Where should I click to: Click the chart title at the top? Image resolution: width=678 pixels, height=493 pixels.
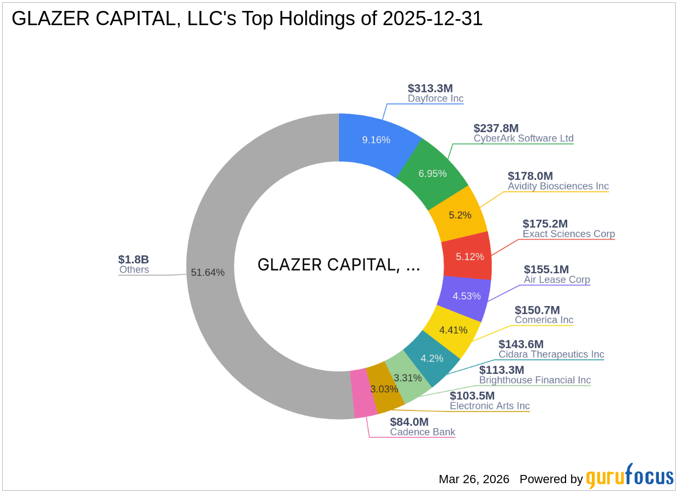pos(247,19)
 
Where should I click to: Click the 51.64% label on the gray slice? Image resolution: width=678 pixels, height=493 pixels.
pos(207,272)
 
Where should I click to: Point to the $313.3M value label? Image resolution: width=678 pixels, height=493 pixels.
pos(430,89)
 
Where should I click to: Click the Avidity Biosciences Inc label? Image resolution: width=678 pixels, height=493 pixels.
pos(558,186)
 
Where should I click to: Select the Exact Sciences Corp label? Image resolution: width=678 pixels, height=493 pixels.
pos(568,234)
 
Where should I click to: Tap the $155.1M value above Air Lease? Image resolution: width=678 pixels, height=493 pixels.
pos(546,269)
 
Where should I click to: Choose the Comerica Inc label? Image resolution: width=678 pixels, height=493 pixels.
pos(544,320)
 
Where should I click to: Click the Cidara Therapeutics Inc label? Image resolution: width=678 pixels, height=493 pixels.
pos(551,354)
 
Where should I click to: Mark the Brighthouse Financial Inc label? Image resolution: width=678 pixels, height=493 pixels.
pos(535,380)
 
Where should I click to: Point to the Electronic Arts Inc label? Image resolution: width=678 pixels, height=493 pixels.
pos(490,406)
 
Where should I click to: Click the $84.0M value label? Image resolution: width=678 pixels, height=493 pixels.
pos(409,422)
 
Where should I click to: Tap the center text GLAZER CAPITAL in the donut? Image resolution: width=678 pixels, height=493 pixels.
pos(338,265)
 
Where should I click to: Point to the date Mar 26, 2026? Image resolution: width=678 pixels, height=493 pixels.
pos(474,479)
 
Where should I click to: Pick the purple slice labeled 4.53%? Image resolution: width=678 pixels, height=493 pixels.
pos(466,296)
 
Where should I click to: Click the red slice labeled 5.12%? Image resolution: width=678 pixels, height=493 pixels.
pos(469,256)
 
